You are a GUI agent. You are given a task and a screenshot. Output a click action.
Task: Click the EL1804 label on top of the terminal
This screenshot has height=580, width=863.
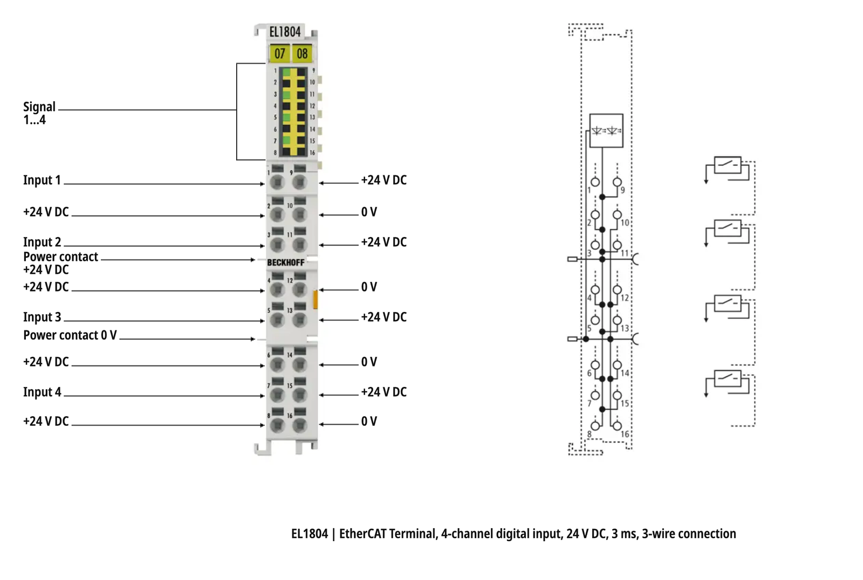[285, 32]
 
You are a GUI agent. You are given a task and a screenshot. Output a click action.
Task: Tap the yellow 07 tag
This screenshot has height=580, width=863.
[279, 53]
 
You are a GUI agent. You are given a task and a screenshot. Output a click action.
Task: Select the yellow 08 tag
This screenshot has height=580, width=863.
[302, 53]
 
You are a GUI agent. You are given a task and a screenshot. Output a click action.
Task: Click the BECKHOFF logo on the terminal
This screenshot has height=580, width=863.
[285, 263]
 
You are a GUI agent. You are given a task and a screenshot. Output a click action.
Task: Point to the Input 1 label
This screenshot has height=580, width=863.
[42, 180]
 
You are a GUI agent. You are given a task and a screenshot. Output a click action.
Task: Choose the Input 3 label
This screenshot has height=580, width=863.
[42, 317]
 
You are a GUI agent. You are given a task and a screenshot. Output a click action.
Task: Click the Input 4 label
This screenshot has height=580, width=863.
[42, 392]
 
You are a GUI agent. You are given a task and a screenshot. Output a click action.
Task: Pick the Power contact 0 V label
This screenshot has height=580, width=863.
[70, 335]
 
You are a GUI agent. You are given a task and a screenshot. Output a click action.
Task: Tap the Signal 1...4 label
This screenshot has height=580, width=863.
[39, 113]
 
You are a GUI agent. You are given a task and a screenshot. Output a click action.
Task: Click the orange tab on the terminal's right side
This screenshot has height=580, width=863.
[316, 300]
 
